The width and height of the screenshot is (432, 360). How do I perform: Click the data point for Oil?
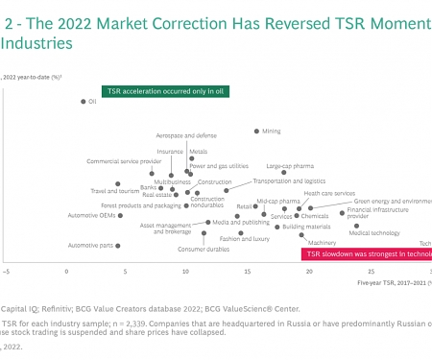83,101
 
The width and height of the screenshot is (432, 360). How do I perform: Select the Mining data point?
255,131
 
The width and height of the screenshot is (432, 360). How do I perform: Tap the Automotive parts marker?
118,246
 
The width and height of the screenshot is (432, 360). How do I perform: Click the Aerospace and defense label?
180,136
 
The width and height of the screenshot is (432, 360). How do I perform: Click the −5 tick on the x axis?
6,272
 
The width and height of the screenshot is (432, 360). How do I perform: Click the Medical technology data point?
356,226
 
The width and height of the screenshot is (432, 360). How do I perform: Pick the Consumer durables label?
203,250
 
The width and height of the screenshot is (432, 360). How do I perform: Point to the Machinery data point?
301,234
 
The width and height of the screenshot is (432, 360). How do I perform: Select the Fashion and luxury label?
244,238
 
